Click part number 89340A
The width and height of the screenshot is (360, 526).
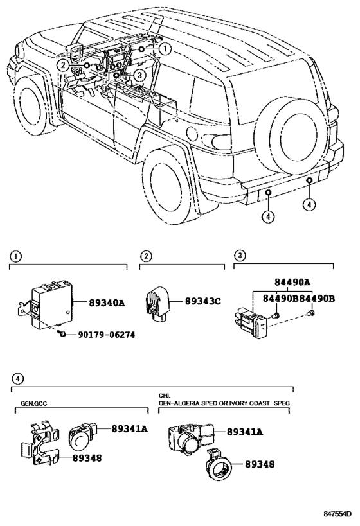107,303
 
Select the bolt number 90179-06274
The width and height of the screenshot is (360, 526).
107,335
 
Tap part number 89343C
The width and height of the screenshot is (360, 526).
203,301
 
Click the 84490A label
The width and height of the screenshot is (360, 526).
292,282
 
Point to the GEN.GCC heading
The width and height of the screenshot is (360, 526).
33,403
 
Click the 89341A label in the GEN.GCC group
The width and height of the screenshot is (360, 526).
130,428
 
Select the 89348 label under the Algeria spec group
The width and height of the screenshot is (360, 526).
260,464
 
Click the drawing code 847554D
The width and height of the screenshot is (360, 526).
337,514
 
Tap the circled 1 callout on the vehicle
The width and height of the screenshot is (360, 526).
165,49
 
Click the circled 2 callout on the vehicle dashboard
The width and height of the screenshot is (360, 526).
63,65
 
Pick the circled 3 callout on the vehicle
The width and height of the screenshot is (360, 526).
139,76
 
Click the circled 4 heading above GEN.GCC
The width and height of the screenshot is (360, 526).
17,379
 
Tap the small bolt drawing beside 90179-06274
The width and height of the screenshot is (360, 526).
61,333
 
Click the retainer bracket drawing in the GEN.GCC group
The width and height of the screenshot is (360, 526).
40,443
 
